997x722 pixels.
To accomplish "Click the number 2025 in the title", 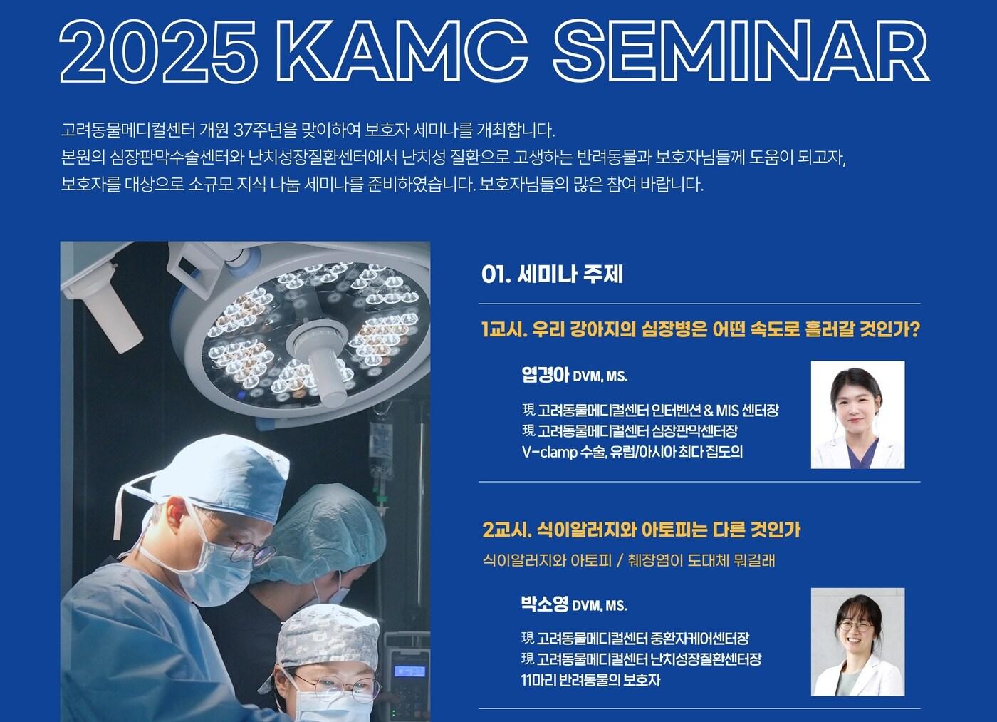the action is click(x=158, y=51).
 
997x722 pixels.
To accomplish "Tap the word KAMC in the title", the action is click(x=402, y=51).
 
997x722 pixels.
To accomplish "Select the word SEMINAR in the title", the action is click(x=741, y=51).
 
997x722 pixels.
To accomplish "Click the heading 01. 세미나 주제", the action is click(x=552, y=274).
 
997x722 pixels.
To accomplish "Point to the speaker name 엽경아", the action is click(x=546, y=375).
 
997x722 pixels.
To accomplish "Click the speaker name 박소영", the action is click(x=545, y=604).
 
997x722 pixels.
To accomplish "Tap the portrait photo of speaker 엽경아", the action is click(x=857, y=415).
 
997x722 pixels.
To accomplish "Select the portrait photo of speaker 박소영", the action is click(x=857, y=642).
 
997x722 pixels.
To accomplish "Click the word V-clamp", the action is click(x=550, y=453).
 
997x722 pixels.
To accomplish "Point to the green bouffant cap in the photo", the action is click(x=328, y=530).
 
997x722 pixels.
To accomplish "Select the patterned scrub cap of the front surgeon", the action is click(x=327, y=635).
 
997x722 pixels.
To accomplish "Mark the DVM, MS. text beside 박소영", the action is click(x=600, y=606).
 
